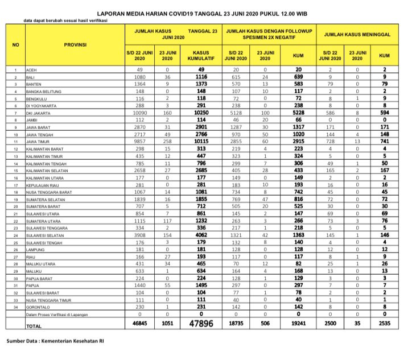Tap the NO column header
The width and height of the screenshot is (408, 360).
pyautogui.click(x=16, y=43)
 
